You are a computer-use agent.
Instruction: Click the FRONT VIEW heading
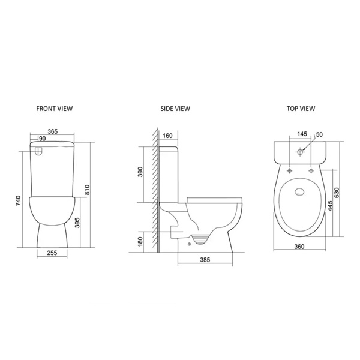pos(54,109)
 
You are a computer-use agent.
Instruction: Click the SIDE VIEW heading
pos(175,109)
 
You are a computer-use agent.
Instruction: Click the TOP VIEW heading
pos(300,109)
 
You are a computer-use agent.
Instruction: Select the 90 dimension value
pos(42,139)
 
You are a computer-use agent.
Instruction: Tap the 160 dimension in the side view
pos(167,135)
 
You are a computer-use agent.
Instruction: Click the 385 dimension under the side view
pos(206,260)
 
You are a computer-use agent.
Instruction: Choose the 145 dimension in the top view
pos(302,134)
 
